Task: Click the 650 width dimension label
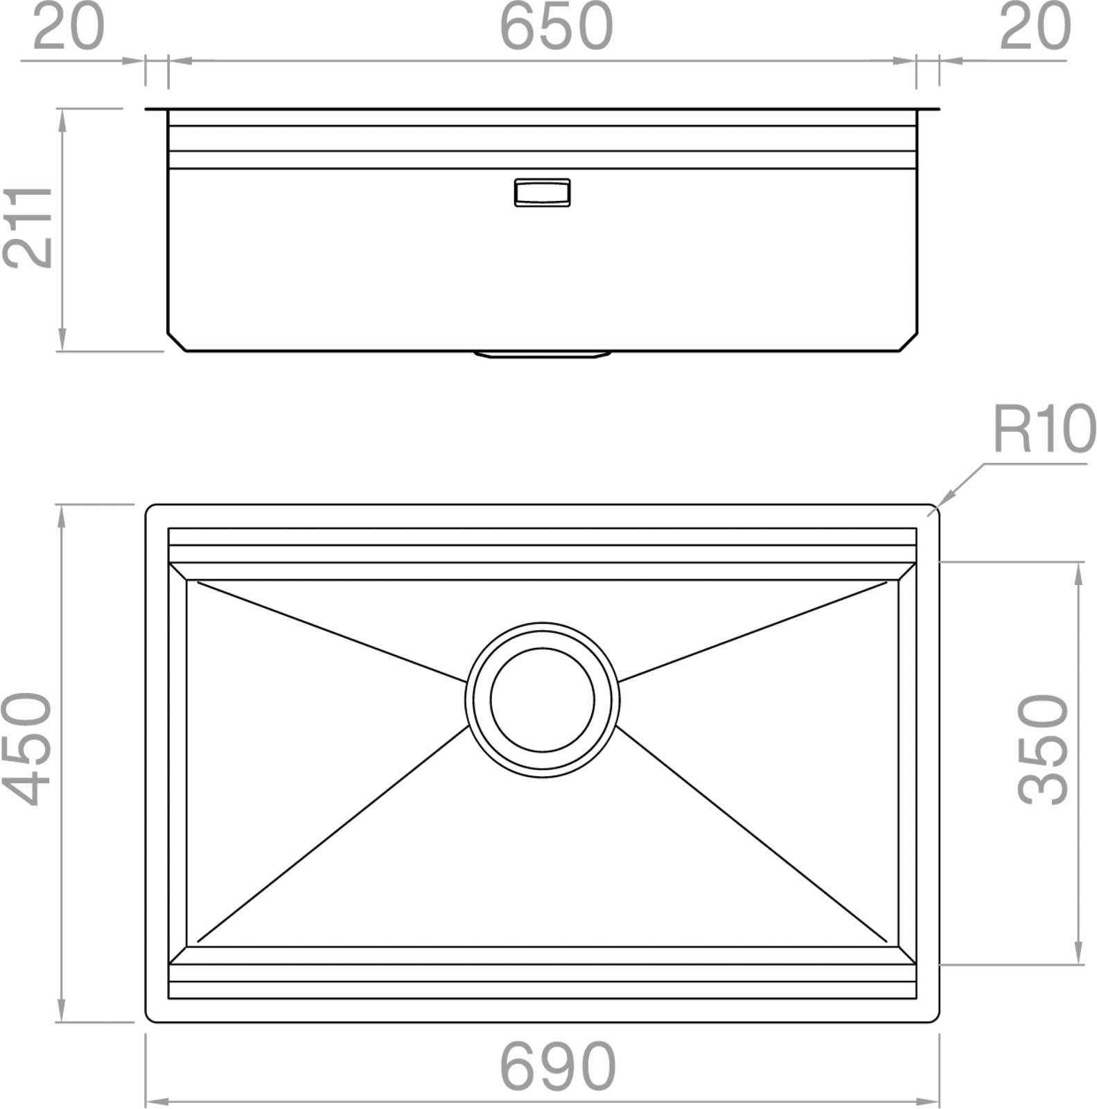[556, 26]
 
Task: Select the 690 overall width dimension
[557, 1066]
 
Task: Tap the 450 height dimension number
[28, 749]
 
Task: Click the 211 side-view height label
[28, 227]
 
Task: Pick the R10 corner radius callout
[1044, 429]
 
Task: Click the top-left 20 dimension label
[68, 26]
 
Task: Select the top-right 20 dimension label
[1035, 26]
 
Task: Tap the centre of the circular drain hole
[543, 699]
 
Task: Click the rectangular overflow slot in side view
[542, 192]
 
